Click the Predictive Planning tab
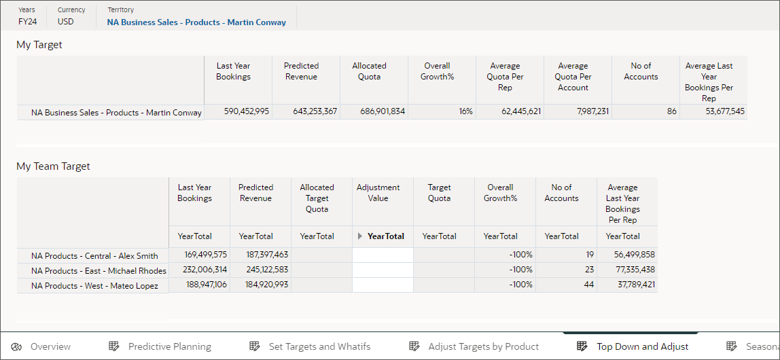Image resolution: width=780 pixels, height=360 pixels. (x=169, y=346)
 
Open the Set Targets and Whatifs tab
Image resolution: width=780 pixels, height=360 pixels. (x=319, y=346)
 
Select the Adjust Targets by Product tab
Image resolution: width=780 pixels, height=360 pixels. (x=483, y=346)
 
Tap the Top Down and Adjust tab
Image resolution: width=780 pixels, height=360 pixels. (x=642, y=346)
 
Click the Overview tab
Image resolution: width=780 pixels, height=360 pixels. (x=50, y=346)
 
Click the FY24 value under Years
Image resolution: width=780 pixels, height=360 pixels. (x=27, y=22)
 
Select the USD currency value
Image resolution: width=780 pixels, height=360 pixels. (x=66, y=22)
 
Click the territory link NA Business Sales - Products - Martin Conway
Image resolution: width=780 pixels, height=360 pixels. (x=196, y=22)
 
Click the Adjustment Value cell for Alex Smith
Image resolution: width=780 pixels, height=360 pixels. (x=383, y=255)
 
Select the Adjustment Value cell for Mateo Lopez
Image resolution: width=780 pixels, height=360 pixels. (x=383, y=285)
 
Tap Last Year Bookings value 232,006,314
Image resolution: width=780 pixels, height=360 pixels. (x=200, y=270)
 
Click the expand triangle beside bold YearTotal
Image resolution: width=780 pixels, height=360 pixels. (x=360, y=236)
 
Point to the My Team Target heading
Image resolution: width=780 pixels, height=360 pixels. (x=53, y=166)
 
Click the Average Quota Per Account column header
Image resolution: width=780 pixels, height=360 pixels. (x=573, y=77)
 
